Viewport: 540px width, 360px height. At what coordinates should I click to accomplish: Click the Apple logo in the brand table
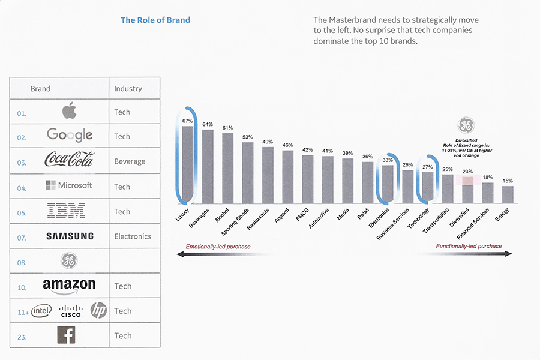click(x=70, y=111)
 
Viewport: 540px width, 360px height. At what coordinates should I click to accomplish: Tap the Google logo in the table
click(x=70, y=136)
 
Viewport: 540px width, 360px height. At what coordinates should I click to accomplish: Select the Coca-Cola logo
click(x=70, y=160)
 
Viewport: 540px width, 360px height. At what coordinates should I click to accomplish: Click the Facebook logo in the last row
click(x=66, y=335)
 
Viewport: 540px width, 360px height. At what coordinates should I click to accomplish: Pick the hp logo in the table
click(x=98, y=310)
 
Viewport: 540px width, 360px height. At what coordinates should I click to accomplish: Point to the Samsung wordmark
click(x=70, y=236)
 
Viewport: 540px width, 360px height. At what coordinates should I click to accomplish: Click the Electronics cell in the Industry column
click(x=133, y=236)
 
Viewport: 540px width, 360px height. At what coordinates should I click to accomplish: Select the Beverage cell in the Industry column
click(x=130, y=161)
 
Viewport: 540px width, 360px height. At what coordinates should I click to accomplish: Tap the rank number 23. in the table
click(x=22, y=337)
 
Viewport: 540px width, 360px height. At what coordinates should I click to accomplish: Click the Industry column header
click(x=128, y=88)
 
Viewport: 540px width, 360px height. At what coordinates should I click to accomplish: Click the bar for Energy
click(x=508, y=194)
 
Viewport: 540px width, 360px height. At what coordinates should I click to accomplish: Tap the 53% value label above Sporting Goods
click(x=248, y=137)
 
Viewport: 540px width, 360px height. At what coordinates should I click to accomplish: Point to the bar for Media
click(x=347, y=181)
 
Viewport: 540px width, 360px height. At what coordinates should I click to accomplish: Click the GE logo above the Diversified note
click(x=466, y=125)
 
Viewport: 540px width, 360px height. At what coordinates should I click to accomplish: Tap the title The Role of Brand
click(x=155, y=20)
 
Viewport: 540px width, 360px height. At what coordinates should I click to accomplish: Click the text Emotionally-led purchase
click(x=218, y=246)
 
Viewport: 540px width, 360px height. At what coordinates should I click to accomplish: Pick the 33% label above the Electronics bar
click(x=388, y=160)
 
